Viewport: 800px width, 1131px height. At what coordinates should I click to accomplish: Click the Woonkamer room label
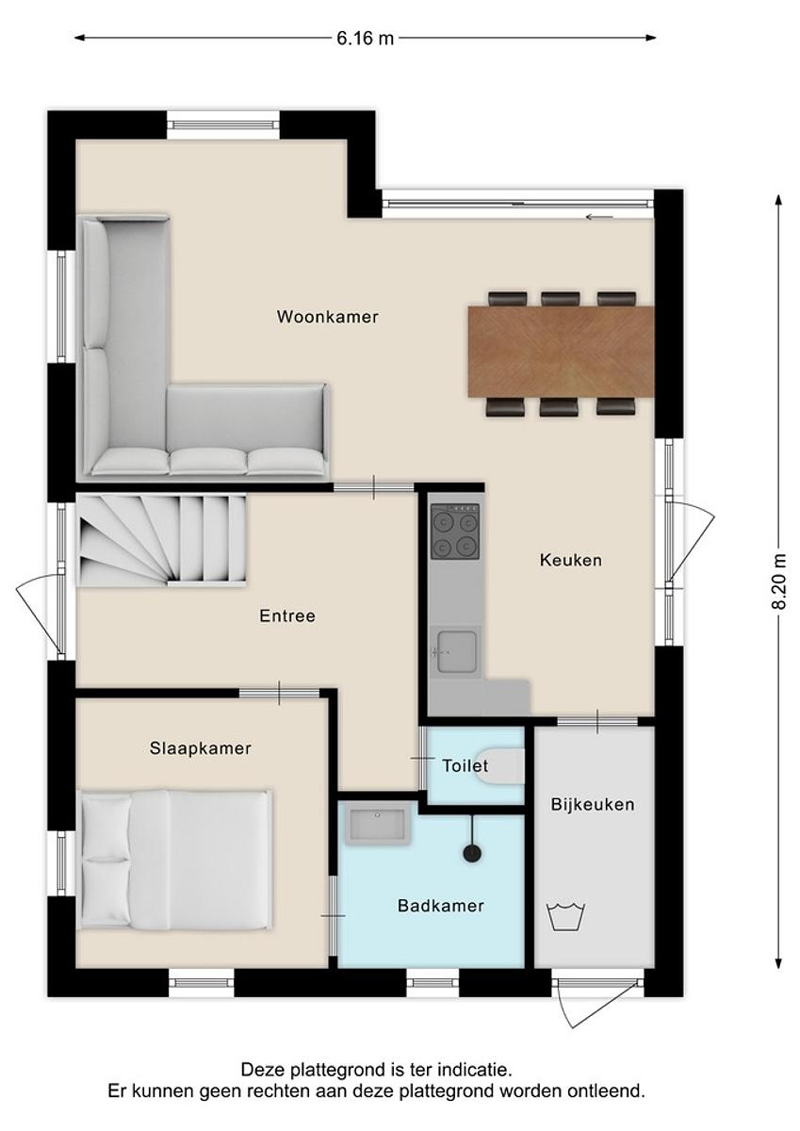(x=328, y=317)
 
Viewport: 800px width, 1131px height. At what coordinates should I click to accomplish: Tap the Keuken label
(x=571, y=560)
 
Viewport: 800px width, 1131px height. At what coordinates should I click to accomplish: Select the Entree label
(x=287, y=615)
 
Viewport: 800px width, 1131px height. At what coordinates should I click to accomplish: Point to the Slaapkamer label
(x=201, y=747)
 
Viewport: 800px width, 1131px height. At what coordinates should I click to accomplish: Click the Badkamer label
(x=441, y=906)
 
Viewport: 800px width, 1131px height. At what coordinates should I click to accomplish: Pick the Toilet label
(x=465, y=766)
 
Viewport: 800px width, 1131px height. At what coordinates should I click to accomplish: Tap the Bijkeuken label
(x=593, y=804)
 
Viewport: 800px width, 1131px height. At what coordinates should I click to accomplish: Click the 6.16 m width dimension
(x=365, y=38)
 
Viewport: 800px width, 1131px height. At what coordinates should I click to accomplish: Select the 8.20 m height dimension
(x=778, y=582)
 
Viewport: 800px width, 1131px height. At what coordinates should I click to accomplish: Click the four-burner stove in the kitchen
(x=454, y=532)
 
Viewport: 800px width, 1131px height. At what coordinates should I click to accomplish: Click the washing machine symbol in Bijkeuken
(x=565, y=916)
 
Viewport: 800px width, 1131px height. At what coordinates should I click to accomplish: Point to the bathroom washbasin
(x=379, y=822)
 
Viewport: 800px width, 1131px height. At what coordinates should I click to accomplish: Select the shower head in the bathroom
(x=472, y=854)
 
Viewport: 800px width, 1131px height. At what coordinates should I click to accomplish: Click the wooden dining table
(x=562, y=352)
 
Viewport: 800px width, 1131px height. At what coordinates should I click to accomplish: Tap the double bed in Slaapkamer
(x=175, y=860)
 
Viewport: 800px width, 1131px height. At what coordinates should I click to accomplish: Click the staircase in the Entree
(x=161, y=540)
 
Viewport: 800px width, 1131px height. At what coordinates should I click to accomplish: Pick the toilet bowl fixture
(x=500, y=766)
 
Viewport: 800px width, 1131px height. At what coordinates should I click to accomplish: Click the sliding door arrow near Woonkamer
(x=599, y=218)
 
